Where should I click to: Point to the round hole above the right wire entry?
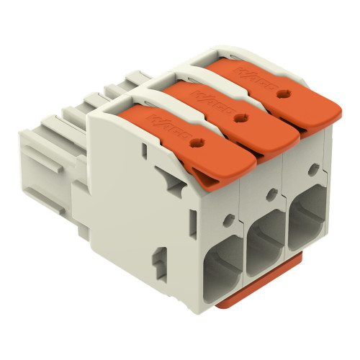[313, 170]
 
